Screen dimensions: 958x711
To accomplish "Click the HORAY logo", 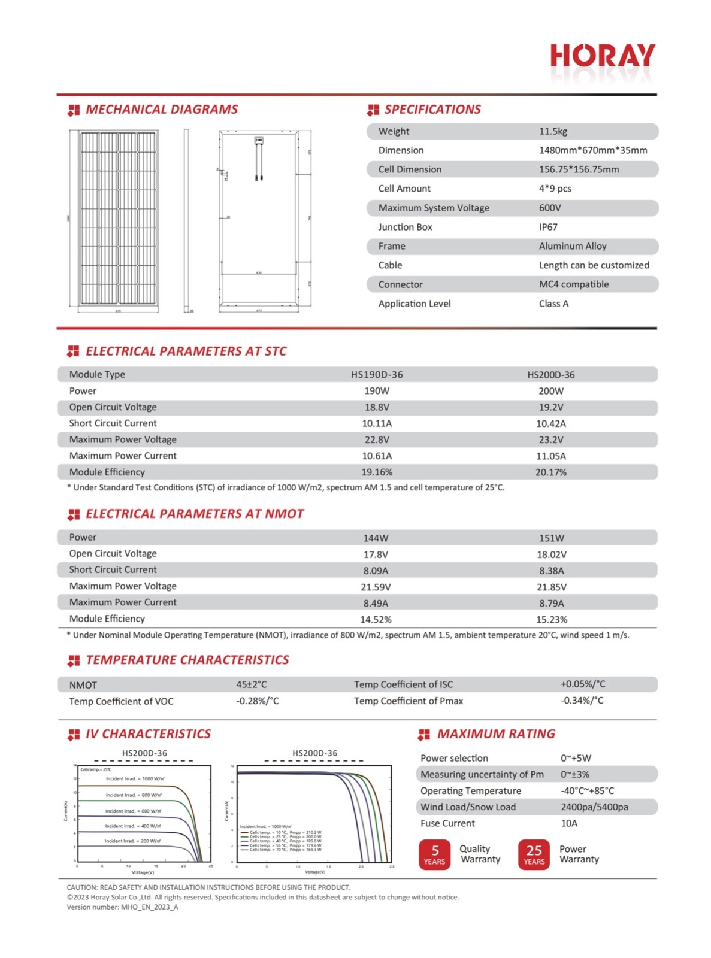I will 602,56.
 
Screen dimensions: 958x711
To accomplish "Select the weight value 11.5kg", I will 553,131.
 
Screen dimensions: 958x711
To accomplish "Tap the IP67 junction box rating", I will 548,227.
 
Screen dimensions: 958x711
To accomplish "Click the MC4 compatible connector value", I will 573,284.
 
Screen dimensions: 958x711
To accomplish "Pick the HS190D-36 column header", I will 377,375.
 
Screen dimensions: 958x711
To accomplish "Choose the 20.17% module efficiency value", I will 550,472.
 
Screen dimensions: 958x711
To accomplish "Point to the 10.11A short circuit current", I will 377,423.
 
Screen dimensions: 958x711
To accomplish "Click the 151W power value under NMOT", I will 551,538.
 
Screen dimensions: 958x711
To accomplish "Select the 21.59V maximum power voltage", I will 376,587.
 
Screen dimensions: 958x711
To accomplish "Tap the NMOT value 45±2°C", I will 251,684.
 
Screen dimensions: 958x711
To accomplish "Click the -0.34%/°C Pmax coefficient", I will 582,701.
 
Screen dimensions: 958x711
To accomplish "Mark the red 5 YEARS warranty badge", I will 434,854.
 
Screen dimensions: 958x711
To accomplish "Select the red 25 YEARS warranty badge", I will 534,854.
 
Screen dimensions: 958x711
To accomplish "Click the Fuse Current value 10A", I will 569,823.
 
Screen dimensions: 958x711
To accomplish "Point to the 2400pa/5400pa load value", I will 594,807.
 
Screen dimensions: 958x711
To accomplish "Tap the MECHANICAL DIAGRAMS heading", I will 161,110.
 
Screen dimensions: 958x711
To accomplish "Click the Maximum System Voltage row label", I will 434,208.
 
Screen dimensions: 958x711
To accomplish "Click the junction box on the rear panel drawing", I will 259,141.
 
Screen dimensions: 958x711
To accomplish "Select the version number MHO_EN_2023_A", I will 149,907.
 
